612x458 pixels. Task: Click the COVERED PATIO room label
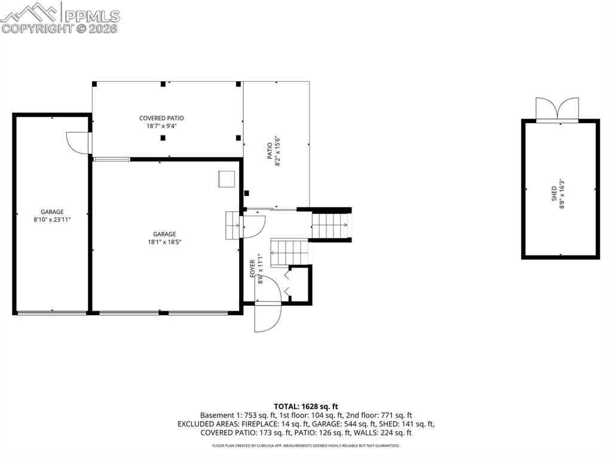(161, 118)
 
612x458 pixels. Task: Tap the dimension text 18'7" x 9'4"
(161, 126)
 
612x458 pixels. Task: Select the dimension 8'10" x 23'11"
(52, 220)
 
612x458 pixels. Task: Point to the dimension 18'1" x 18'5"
(164, 242)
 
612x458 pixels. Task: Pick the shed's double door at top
(557, 109)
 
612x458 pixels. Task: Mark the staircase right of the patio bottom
(330, 226)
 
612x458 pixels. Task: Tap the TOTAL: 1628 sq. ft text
(305, 406)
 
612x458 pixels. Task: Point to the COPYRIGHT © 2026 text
(60, 28)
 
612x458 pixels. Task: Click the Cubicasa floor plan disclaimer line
(305, 445)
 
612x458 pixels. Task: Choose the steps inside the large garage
(232, 225)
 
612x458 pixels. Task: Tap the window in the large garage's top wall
(112, 159)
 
